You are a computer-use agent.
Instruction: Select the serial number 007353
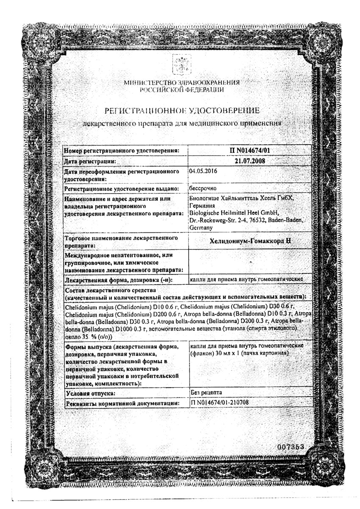pos(291,447)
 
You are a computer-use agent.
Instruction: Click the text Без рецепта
pos(207,392)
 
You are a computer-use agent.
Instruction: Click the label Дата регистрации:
pos(90,161)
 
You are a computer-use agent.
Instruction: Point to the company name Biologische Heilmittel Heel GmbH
pos(234,213)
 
